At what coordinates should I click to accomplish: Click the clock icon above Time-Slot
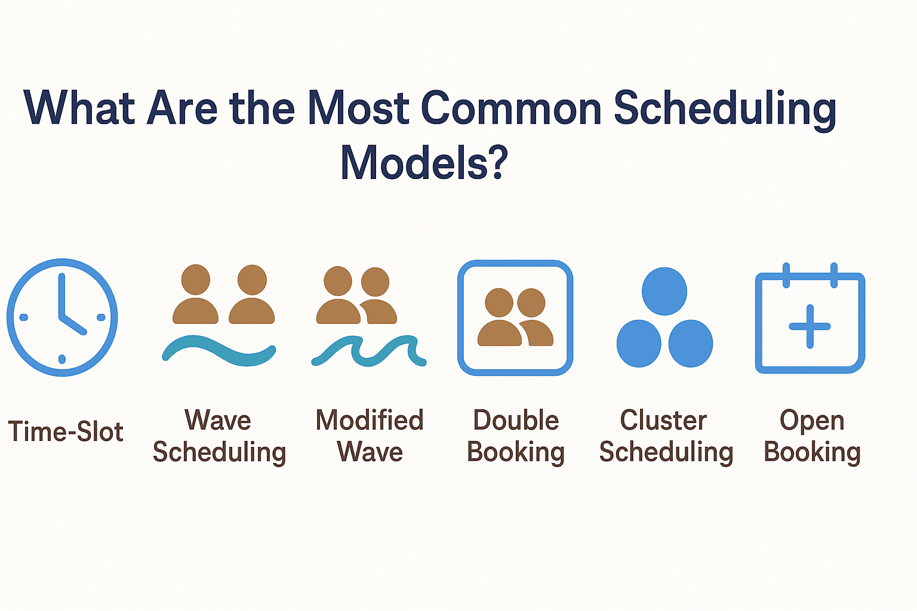pos(62,317)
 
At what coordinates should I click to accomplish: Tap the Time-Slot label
pos(66,431)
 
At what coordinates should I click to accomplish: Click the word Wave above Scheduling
pos(218,420)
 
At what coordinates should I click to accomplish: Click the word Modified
pos(370,420)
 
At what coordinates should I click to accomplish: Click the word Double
pos(516,420)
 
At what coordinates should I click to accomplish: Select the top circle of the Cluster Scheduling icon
pos(664,291)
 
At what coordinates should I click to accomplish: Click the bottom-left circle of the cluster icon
pos(639,344)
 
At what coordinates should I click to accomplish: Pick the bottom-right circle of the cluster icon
pos(691,344)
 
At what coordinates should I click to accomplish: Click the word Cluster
pos(663,420)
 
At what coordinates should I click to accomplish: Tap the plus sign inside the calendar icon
pos(810,326)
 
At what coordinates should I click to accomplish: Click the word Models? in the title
pos(424,163)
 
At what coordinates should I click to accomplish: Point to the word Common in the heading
pos(511,108)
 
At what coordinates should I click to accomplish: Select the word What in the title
pos(79,108)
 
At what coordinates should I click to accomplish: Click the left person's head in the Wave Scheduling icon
pos(195,280)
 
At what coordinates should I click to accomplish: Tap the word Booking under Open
pos(812,452)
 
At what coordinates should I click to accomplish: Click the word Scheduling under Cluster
pos(666,452)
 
